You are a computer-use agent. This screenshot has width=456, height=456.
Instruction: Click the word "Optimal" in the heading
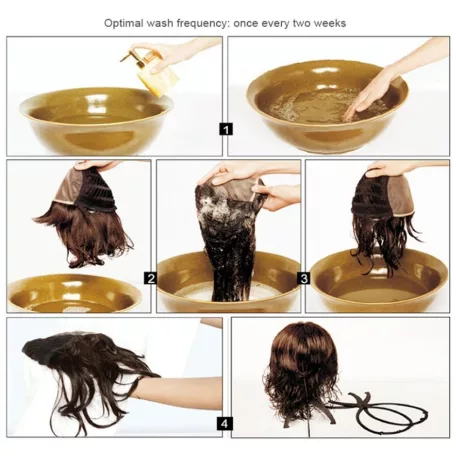click(x=124, y=23)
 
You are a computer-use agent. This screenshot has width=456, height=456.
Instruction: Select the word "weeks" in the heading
click(x=330, y=23)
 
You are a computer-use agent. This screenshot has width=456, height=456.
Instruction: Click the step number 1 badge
click(x=226, y=129)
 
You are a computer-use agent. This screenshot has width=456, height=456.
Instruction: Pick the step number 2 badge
click(x=150, y=278)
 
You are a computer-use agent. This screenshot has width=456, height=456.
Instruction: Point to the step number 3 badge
click(x=303, y=278)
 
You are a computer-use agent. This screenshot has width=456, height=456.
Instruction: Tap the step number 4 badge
click(x=224, y=424)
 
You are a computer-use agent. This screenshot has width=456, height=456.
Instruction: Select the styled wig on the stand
click(x=302, y=373)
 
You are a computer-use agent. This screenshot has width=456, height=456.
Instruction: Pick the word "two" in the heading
click(x=301, y=23)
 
